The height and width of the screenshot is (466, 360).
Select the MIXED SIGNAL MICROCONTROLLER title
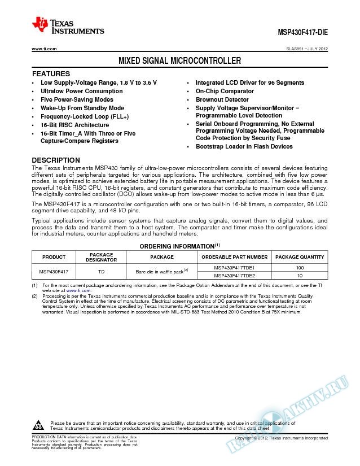[x=179, y=60]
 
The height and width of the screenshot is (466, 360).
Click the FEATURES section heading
[x=51, y=74]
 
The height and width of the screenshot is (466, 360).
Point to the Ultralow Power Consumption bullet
[x=81, y=91]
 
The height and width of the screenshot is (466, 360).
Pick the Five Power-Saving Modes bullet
[x=77, y=99]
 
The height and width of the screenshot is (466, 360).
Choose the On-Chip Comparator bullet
[x=225, y=91]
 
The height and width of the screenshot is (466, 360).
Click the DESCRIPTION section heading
[x=56, y=160]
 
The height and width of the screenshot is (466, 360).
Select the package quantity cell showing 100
[x=300, y=267]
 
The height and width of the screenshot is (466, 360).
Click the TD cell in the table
[x=101, y=271]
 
